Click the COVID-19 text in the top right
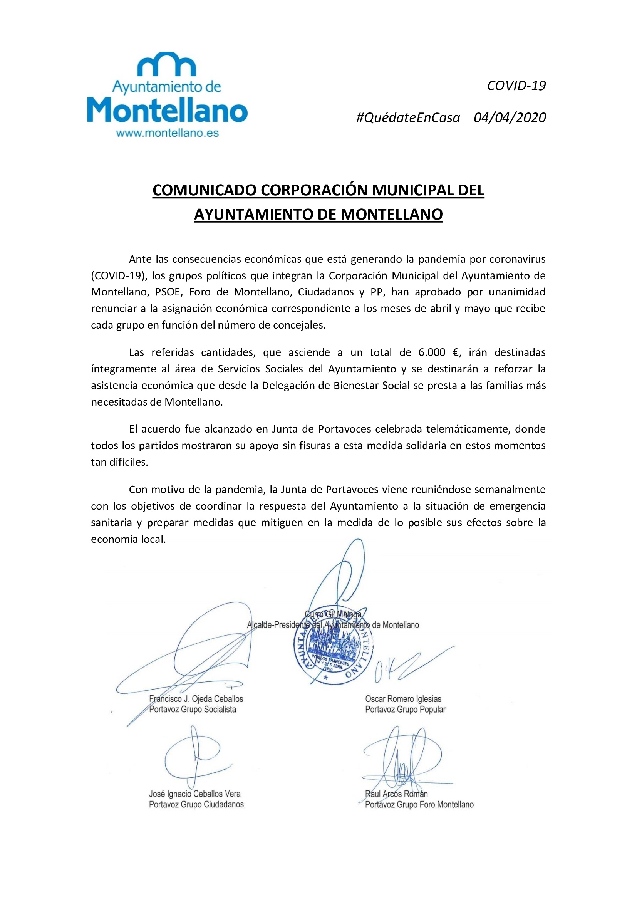point(516,86)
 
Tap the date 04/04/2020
point(510,118)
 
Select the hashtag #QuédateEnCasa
point(407,118)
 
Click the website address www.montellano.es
point(168,133)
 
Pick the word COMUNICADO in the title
point(205,190)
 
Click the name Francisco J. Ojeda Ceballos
point(196,699)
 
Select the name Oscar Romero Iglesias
point(403,699)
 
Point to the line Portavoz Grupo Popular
point(405,710)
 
